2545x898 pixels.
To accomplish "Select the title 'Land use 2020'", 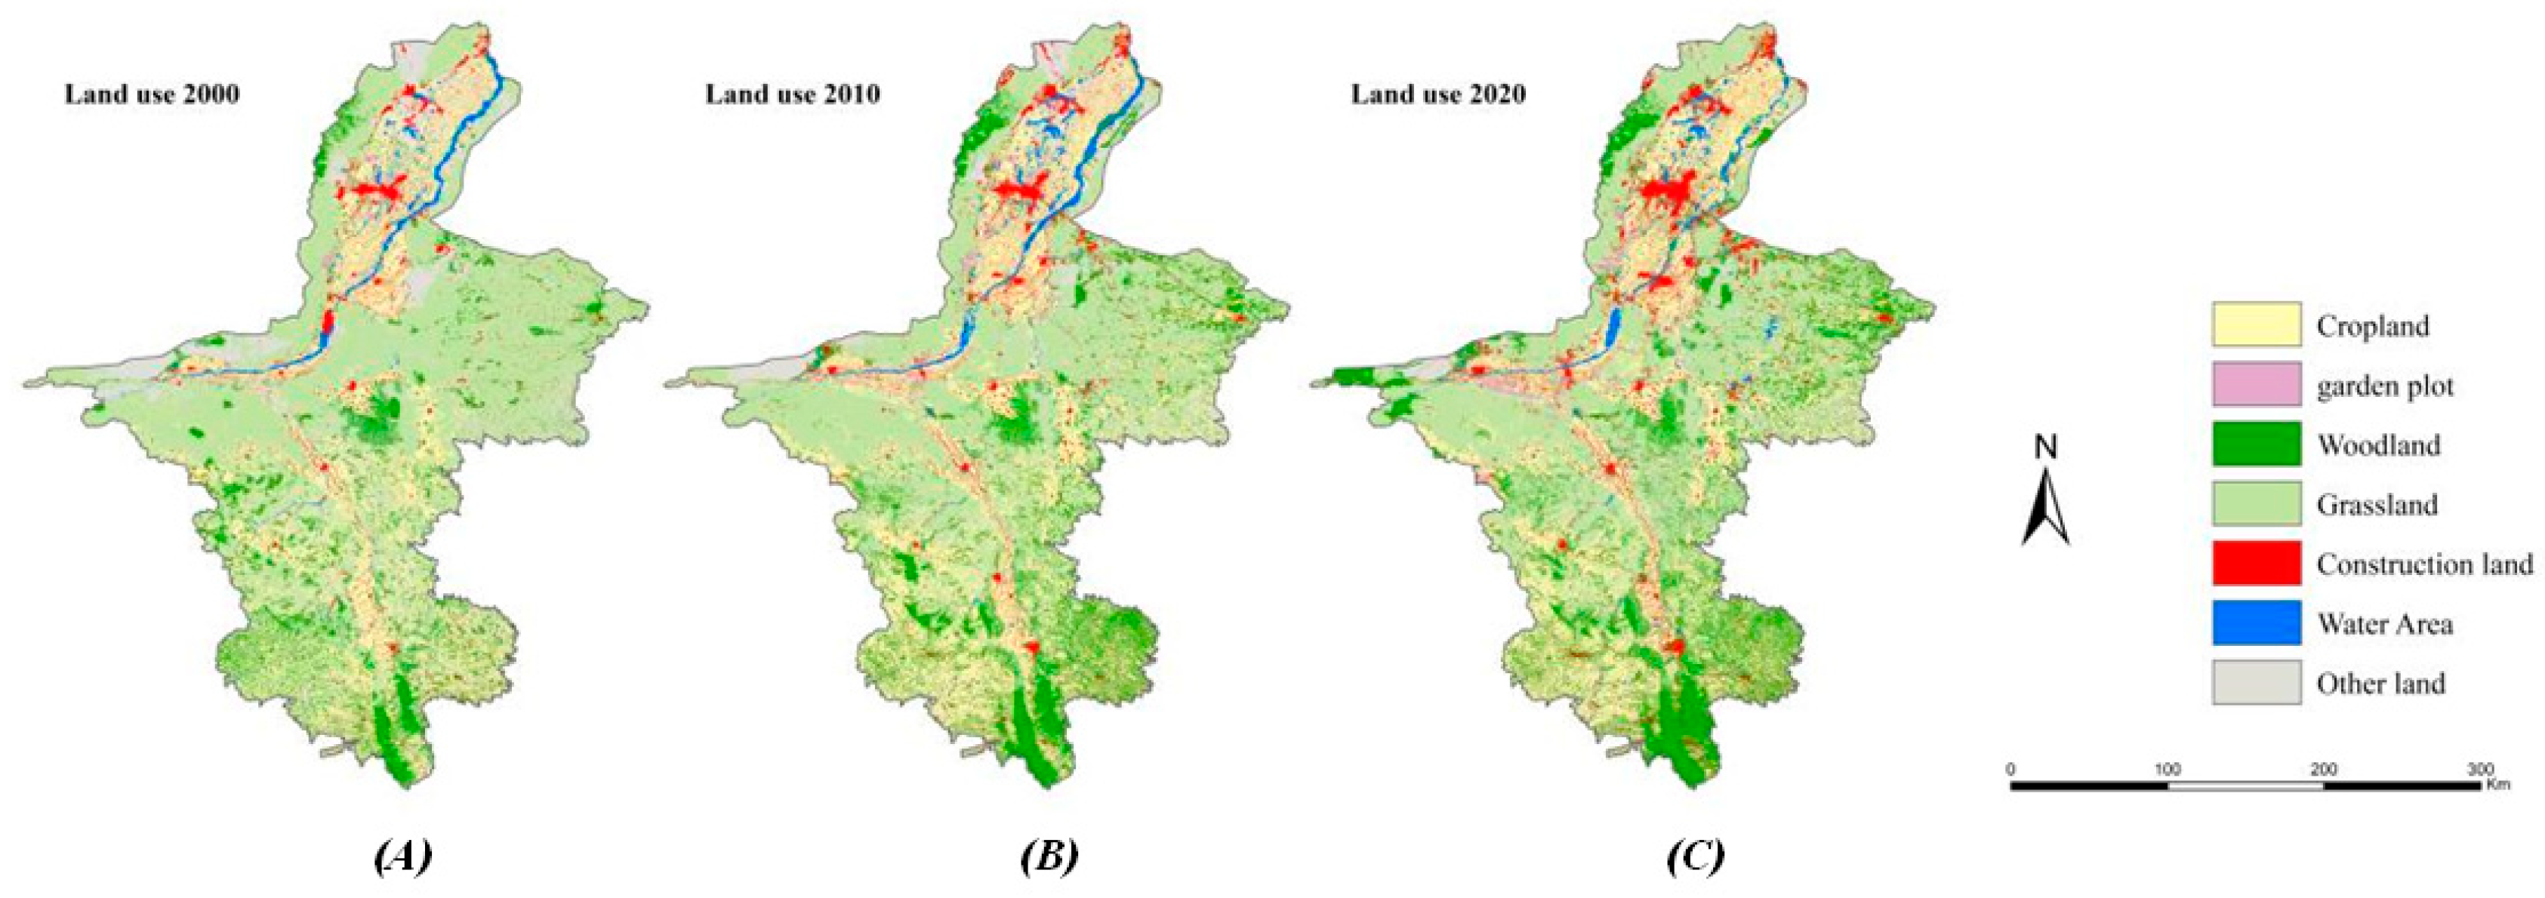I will (1437, 95).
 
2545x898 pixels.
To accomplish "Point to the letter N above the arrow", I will (2045, 447).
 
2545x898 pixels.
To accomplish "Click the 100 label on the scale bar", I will (2168, 769).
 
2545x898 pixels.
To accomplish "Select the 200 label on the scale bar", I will (2324, 769).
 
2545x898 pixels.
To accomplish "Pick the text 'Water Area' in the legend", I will (2384, 624).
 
